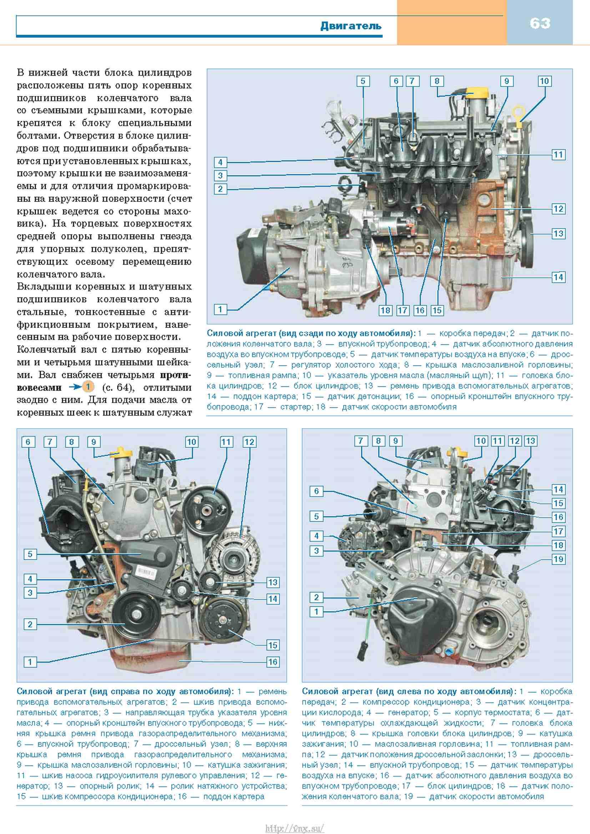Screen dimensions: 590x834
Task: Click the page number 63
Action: pyautogui.click(x=540, y=24)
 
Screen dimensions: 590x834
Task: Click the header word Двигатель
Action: pyautogui.click(x=351, y=26)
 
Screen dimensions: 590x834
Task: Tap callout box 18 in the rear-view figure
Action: pyautogui.click(x=385, y=310)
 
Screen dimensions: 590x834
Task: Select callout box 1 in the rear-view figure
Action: pyautogui.click(x=220, y=309)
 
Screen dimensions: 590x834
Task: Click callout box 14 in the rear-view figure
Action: pyautogui.click(x=558, y=277)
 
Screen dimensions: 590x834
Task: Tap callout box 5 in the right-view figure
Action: pyautogui.click(x=30, y=554)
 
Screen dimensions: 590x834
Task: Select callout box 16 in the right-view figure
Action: pyautogui.click(x=272, y=662)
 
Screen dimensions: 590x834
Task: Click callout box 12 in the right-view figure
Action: pyautogui.click(x=249, y=442)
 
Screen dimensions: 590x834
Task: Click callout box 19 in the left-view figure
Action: pyautogui.click(x=558, y=559)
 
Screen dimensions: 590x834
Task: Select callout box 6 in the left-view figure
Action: pyautogui.click(x=316, y=491)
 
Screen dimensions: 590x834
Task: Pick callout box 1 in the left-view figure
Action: pyautogui.click(x=316, y=612)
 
